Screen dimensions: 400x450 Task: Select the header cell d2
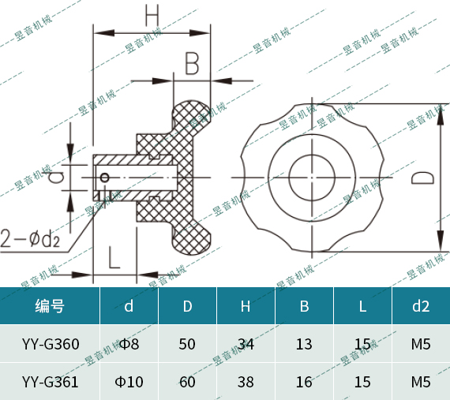(420, 306)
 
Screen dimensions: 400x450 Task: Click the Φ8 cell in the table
(129, 344)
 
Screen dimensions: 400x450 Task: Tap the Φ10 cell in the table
(129, 382)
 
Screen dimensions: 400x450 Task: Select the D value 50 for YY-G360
(187, 344)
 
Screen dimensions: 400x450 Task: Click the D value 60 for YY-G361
(187, 382)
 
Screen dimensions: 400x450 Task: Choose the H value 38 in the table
(246, 382)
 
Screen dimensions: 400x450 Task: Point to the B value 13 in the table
(304, 344)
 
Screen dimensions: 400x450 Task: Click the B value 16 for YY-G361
(304, 382)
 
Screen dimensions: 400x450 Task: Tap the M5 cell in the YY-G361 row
(420, 382)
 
